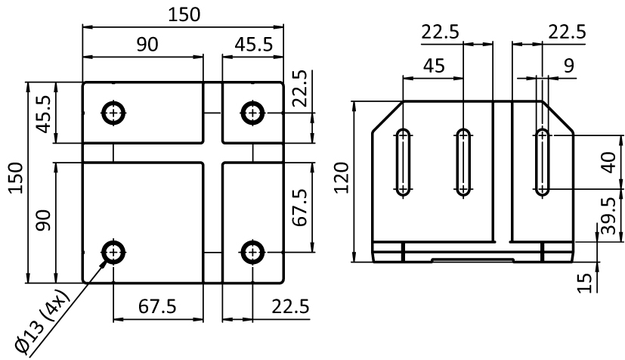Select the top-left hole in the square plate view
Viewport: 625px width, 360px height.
point(113,113)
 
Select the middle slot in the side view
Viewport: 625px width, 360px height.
point(463,162)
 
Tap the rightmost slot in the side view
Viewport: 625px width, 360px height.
point(542,162)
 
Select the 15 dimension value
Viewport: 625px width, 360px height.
point(583,282)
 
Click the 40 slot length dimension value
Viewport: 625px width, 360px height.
point(605,162)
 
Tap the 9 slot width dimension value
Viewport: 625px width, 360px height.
point(568,66)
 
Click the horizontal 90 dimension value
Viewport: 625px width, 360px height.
point(147,45)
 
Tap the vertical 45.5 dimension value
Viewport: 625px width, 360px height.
point(45,112)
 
